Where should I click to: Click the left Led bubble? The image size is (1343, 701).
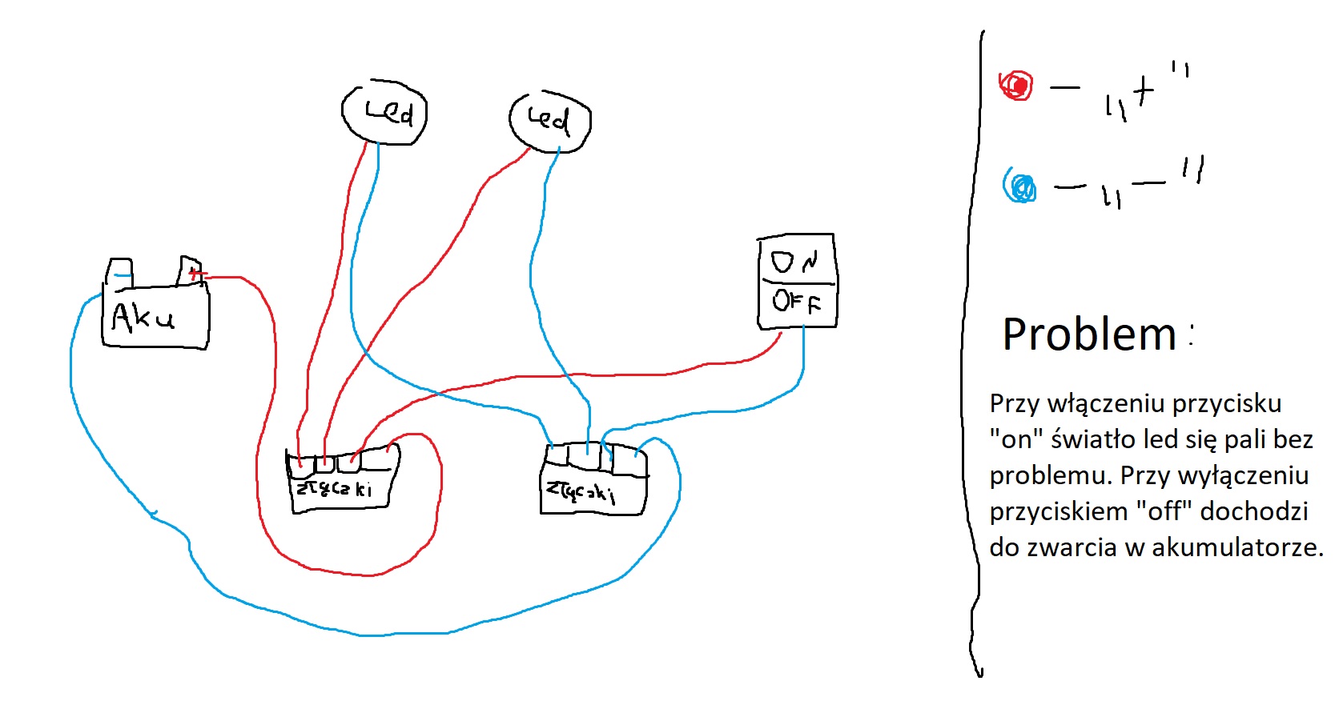pyautogui.click(x=384, y=112)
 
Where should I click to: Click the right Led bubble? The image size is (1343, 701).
pyautogui.click(x=550, y=120)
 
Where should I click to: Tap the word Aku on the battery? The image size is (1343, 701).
pyautogui.click(x=143, y=318)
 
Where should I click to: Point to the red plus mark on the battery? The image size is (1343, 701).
pyautogui.click(x=195, y=274)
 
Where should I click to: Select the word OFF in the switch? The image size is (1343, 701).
pyautogui.click(x=796, y=302)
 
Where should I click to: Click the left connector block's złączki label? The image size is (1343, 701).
pyautogui.click(x=334, y=487)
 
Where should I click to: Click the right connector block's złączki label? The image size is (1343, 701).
pyautogui.click(x=581, y=491)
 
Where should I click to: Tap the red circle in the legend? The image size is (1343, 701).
pyautogui.click(x=1017, y=85)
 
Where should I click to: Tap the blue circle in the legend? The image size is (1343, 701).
pyautogui.click(x=1020, y=187)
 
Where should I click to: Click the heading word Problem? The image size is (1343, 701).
pyautogui.click(x=1089, y=334)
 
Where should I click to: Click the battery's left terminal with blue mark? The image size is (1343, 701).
pyautogui.click(x=120, y=273)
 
